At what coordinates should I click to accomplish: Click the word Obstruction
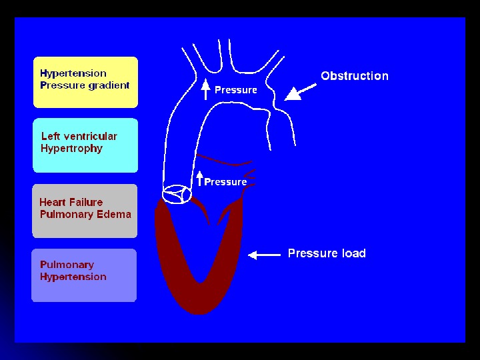pyautogui.click(x=354, y=76)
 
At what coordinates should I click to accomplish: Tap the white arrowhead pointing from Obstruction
pyautogui.click(x=292, y=95)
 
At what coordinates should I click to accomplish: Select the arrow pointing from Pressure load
pyautogui.click(x=263, y=254)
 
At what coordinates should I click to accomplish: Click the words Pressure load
pyautogui.click(x=327, y=253)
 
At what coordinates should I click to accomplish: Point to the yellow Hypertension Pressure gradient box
pyautogui.click(x=85, y=82)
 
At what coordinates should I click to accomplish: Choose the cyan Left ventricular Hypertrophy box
pyautogui.click(x=85, y=145)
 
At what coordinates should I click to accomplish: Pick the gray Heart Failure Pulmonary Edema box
pyautogui.click(x=85, y=211)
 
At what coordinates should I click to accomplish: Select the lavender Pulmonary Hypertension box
pyautogui.click(x=84, y=275)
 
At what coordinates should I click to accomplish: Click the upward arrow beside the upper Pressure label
pyautogui.click(x=206, y=89)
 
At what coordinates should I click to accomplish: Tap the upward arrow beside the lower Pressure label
pyautogui.click(x=199, y=178)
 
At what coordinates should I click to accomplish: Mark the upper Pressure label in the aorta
pyautogui.click(x=235, y=90)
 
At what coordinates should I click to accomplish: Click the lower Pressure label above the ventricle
pyautogui.click(x=225, y=182)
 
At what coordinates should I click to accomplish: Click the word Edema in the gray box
pyautogui.click(x=114, y=215)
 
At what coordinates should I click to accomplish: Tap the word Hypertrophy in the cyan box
pyautogui.click(x=71, y=149)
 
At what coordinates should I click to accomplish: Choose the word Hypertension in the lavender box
pyautogui.click(x=73, y=277)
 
